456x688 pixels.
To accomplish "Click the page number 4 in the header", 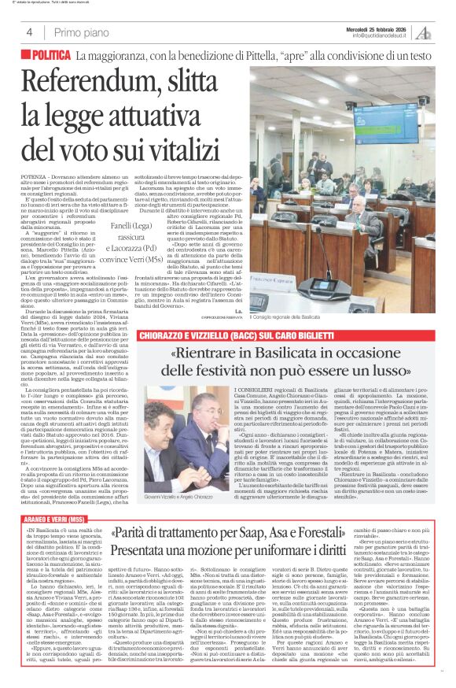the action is pos(28,32).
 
